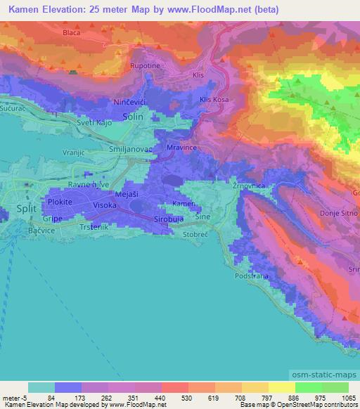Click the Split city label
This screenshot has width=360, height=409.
25,209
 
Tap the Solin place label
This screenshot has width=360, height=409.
132,119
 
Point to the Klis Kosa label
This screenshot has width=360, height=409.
214,100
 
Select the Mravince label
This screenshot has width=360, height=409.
181,148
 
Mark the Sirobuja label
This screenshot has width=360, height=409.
169,219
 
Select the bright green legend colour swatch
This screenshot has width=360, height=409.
308,387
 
